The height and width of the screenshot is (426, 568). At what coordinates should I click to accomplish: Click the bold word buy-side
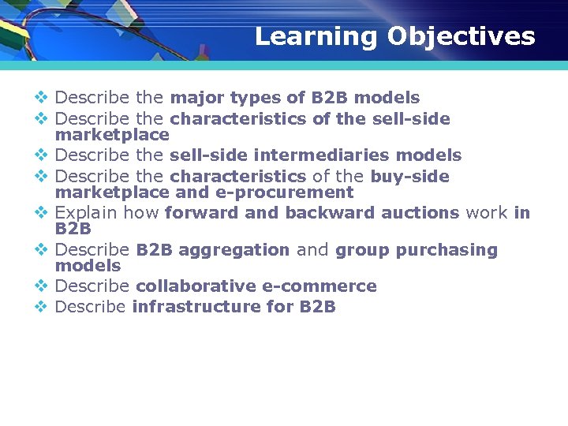409,177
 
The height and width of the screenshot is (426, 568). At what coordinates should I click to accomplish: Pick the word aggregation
234,250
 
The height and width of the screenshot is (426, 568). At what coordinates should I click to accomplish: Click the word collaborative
196,286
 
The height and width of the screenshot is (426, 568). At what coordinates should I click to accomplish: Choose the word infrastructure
196,307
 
